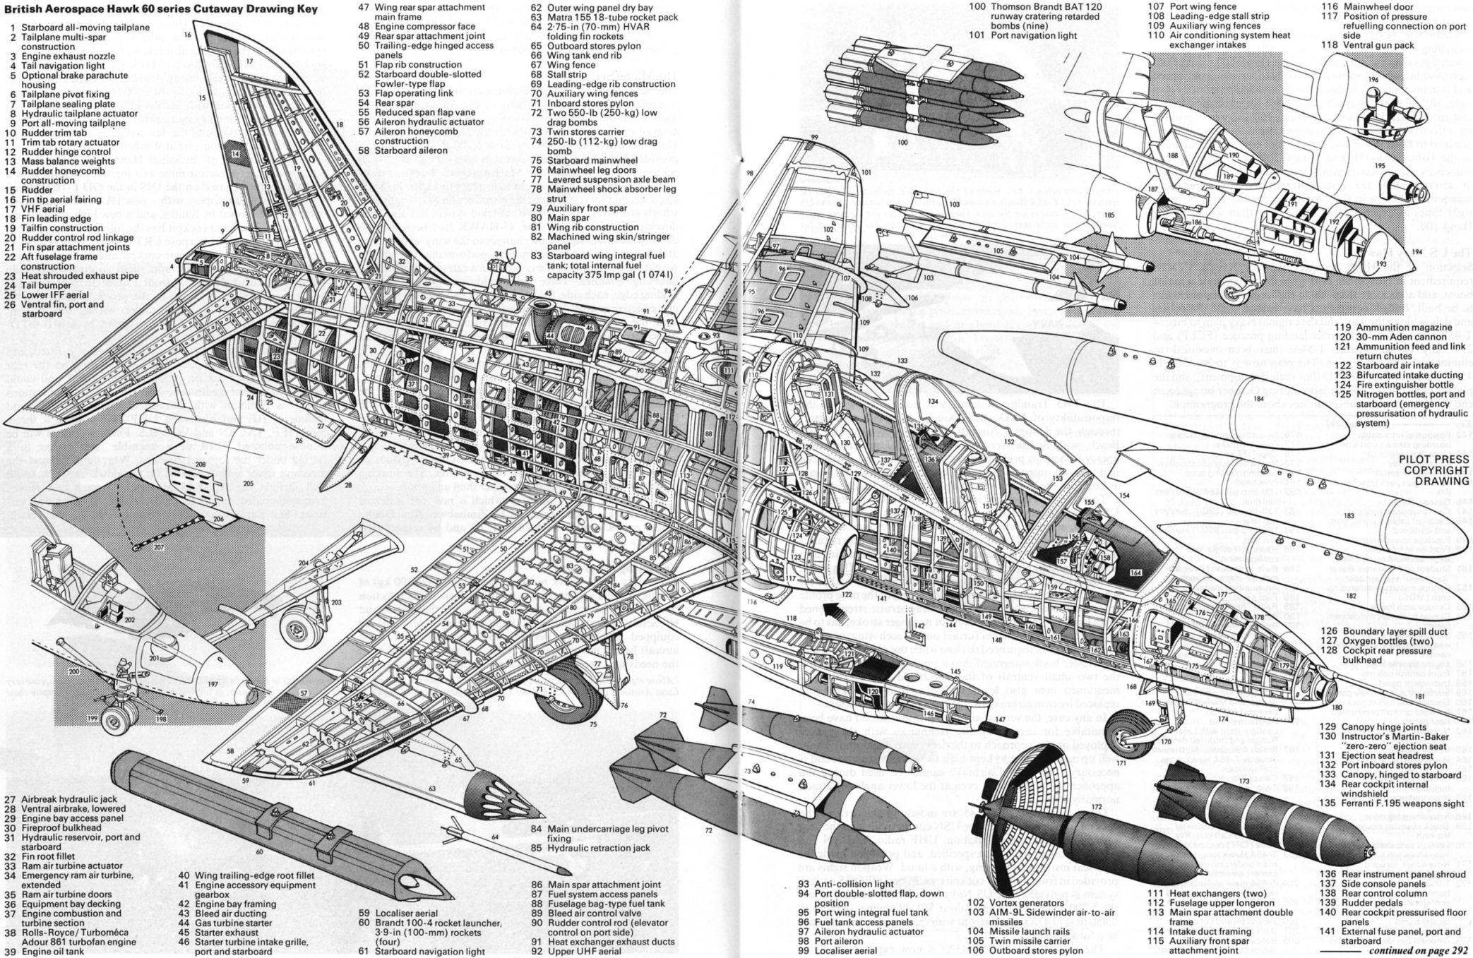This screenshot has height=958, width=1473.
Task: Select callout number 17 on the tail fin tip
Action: [x=249, y=61]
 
